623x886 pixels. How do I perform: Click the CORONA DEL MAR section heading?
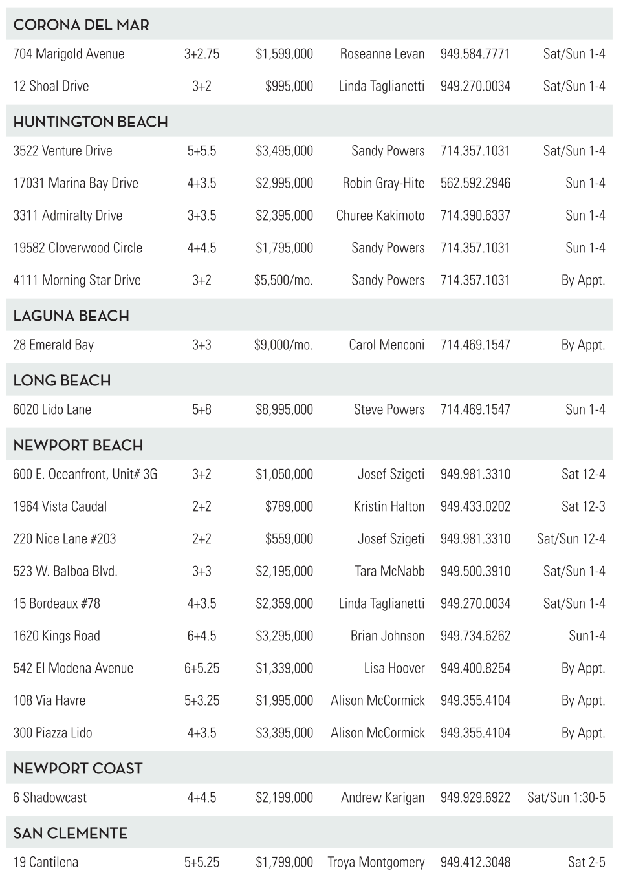pos(81,25)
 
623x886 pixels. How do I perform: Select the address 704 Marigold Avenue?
pos(69,54)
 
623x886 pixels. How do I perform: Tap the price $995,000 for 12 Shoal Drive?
pos(289,86)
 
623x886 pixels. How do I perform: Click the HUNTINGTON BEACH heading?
pos(90,122)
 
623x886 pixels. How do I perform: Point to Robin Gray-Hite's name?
pos(383,183)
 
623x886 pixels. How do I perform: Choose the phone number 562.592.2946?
pos(475,183)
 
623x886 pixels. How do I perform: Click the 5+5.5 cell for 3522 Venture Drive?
pos(202,151)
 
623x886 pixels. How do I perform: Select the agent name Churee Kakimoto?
pos(380,215)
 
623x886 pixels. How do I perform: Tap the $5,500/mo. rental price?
pos(283,280)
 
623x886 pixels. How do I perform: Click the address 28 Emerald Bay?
pos(53,345)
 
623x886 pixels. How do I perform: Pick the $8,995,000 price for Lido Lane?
pos(284,409)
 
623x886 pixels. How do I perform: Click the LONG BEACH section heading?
pos(61,380)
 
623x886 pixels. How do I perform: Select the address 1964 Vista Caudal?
pos(60,506)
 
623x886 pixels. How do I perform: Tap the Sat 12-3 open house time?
pos(583,506)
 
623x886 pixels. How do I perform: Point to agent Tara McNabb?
pos(389,571)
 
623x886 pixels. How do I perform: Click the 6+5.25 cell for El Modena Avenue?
pos(202,668)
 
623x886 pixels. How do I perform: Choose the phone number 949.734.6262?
pos(475,636)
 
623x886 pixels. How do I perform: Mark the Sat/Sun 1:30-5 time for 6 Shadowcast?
pos(566,797)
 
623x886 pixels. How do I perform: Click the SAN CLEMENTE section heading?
pos(70,833)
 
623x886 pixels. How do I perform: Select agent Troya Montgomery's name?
pos(376,862)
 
